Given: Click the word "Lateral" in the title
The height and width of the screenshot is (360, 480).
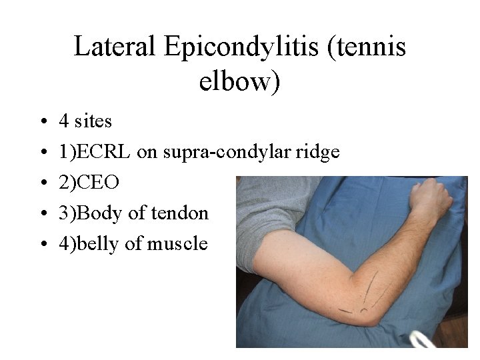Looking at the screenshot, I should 114,47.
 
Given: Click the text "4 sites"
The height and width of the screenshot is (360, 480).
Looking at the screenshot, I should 85,121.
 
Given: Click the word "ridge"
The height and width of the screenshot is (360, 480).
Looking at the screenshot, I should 317,153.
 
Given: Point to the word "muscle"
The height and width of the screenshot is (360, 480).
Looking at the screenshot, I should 177,244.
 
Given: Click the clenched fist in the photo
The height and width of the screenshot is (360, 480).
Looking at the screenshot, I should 429,200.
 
